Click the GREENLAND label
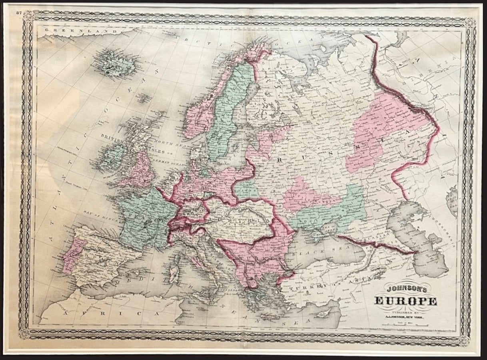[60, 30]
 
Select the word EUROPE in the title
[405, 301]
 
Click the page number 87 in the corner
[19, 12]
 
